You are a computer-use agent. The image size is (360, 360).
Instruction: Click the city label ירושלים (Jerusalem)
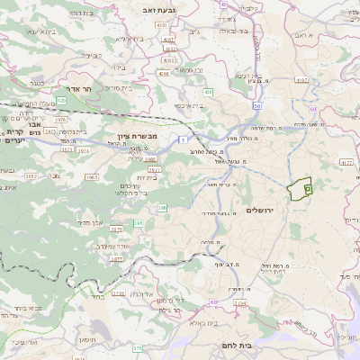tap(258, 210)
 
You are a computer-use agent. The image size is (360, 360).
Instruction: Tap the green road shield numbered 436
tap(208, 92)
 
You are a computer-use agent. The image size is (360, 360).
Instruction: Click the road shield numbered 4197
tap(328, 80)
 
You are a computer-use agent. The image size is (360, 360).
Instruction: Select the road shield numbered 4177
tap(347, 162)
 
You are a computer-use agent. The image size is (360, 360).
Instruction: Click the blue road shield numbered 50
tap(257, 107)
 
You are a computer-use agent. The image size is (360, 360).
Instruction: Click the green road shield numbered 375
tap(138, 347)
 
